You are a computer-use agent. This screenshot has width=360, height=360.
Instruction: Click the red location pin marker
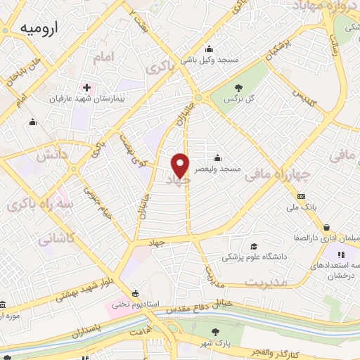click(181, 165)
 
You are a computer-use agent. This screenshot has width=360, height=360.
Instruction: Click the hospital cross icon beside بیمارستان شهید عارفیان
click(86, 88)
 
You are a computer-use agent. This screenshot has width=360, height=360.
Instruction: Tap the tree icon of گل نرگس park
click(238, 89)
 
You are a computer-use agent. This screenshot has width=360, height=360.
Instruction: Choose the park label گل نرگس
click(238, 101)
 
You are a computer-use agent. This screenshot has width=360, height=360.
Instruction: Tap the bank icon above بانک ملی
click(301, 196)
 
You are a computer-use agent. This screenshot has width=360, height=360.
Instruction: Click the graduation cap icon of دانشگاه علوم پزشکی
click(252, 246)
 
